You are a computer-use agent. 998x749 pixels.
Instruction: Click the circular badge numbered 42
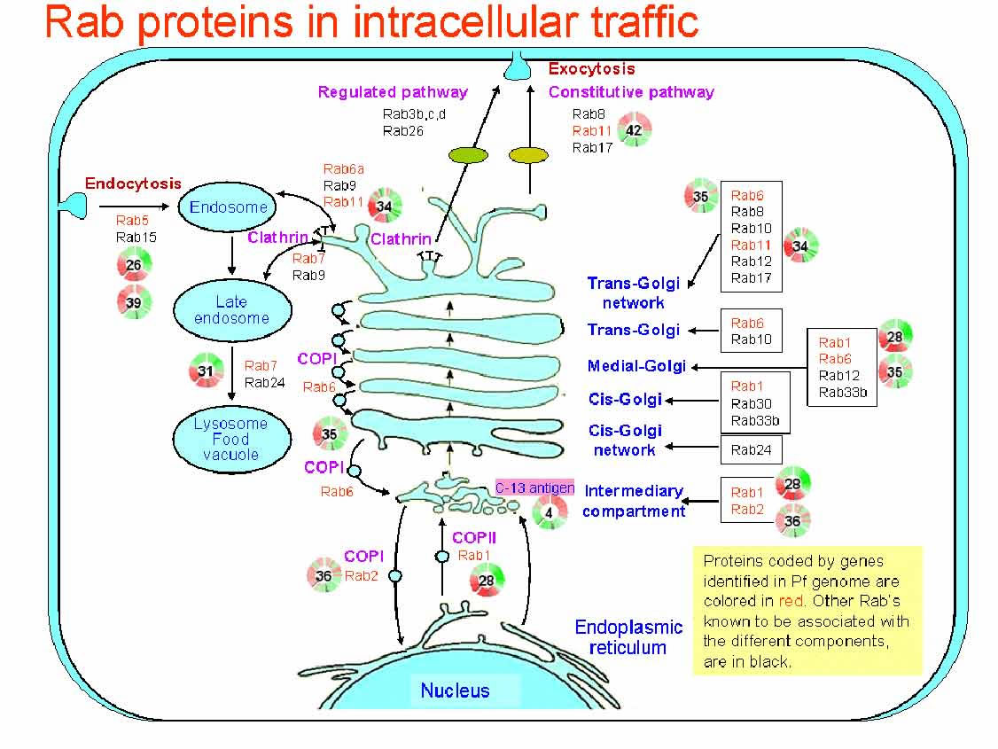(x=634, y=130)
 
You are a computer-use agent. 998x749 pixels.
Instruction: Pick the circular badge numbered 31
(x=206, y=371)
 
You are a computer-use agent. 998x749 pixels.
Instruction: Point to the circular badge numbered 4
(x=550, y=512)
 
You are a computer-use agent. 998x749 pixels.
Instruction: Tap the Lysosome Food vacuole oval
(x=230, y=439)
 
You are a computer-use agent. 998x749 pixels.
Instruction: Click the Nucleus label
(x=455, y=690)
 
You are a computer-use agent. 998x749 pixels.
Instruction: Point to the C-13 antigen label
(x=534, y=488)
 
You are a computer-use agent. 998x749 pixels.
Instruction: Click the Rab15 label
(x=136, y=237)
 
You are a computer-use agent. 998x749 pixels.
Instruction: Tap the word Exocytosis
(x=591, y=68)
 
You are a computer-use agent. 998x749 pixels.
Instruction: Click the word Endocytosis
(x=133, y=183)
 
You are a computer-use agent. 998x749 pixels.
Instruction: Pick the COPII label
(x=474, y=537)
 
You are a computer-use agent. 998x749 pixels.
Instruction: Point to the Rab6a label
(x=344, y=169)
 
